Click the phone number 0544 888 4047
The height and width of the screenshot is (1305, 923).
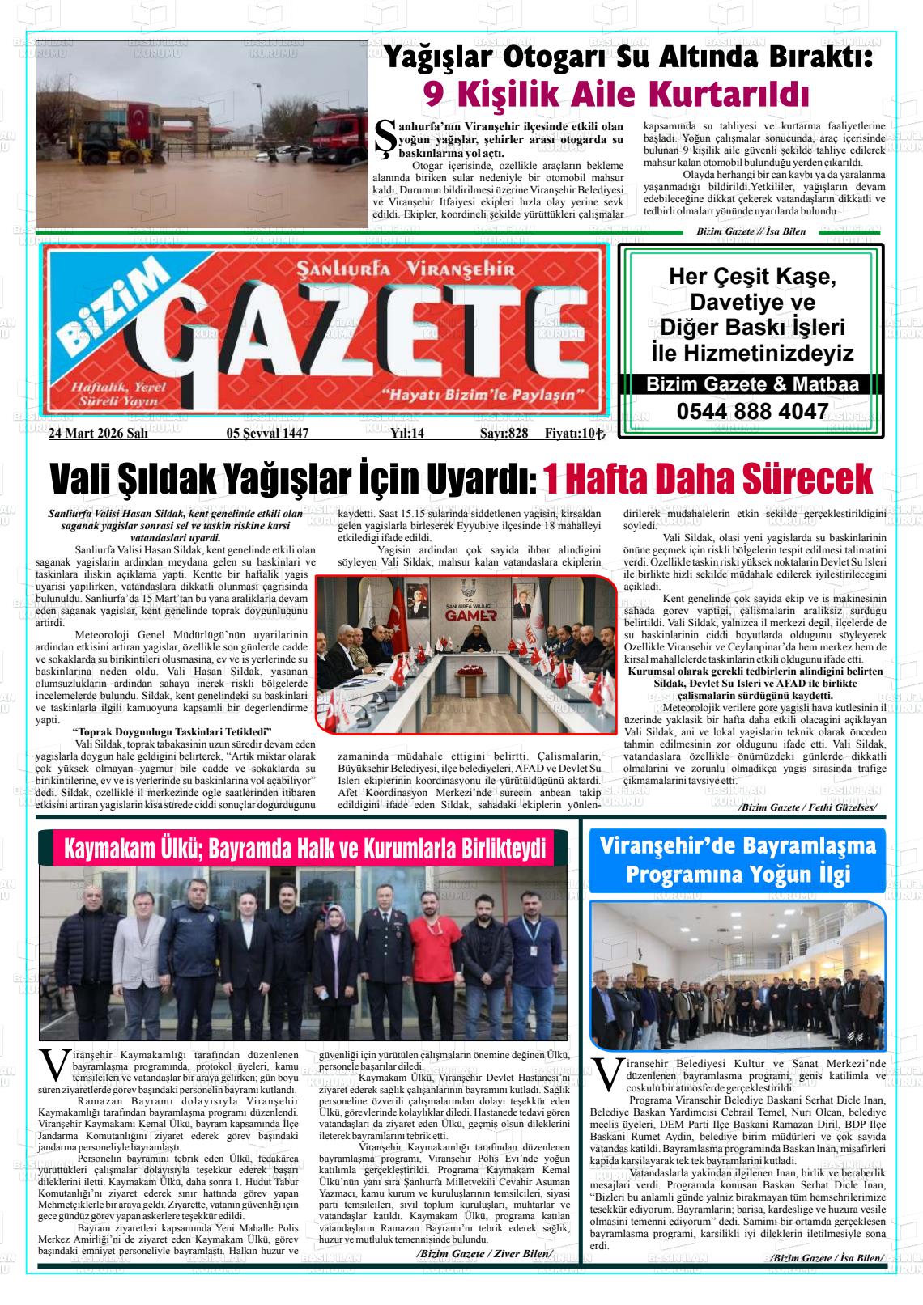751,412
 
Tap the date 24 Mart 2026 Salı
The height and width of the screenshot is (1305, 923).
98,433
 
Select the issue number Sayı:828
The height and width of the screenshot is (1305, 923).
504,433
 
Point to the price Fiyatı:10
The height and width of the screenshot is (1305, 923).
574,433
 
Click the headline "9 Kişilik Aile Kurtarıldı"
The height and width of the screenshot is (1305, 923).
617,95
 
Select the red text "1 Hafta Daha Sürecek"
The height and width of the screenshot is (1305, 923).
707,479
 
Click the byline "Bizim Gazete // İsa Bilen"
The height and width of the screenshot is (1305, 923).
751,231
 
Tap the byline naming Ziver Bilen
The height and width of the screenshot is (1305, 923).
483,1253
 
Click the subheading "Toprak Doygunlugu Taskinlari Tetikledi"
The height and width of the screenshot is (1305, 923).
172,731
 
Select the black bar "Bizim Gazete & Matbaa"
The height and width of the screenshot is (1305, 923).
751,385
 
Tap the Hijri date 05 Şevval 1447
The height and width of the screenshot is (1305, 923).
267,433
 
